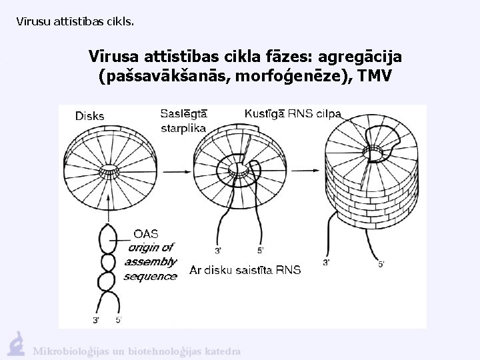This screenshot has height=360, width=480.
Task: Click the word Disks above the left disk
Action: (x=89, y=115)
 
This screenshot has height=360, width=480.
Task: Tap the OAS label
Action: (x=146, y=233)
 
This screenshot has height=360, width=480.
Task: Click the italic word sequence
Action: (x=151, y=276)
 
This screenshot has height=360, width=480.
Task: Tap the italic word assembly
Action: (x=151, y=261)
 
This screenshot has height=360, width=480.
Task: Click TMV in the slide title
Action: (x=375, y=76)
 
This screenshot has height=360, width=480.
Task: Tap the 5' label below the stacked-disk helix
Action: (x=381, y=264)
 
